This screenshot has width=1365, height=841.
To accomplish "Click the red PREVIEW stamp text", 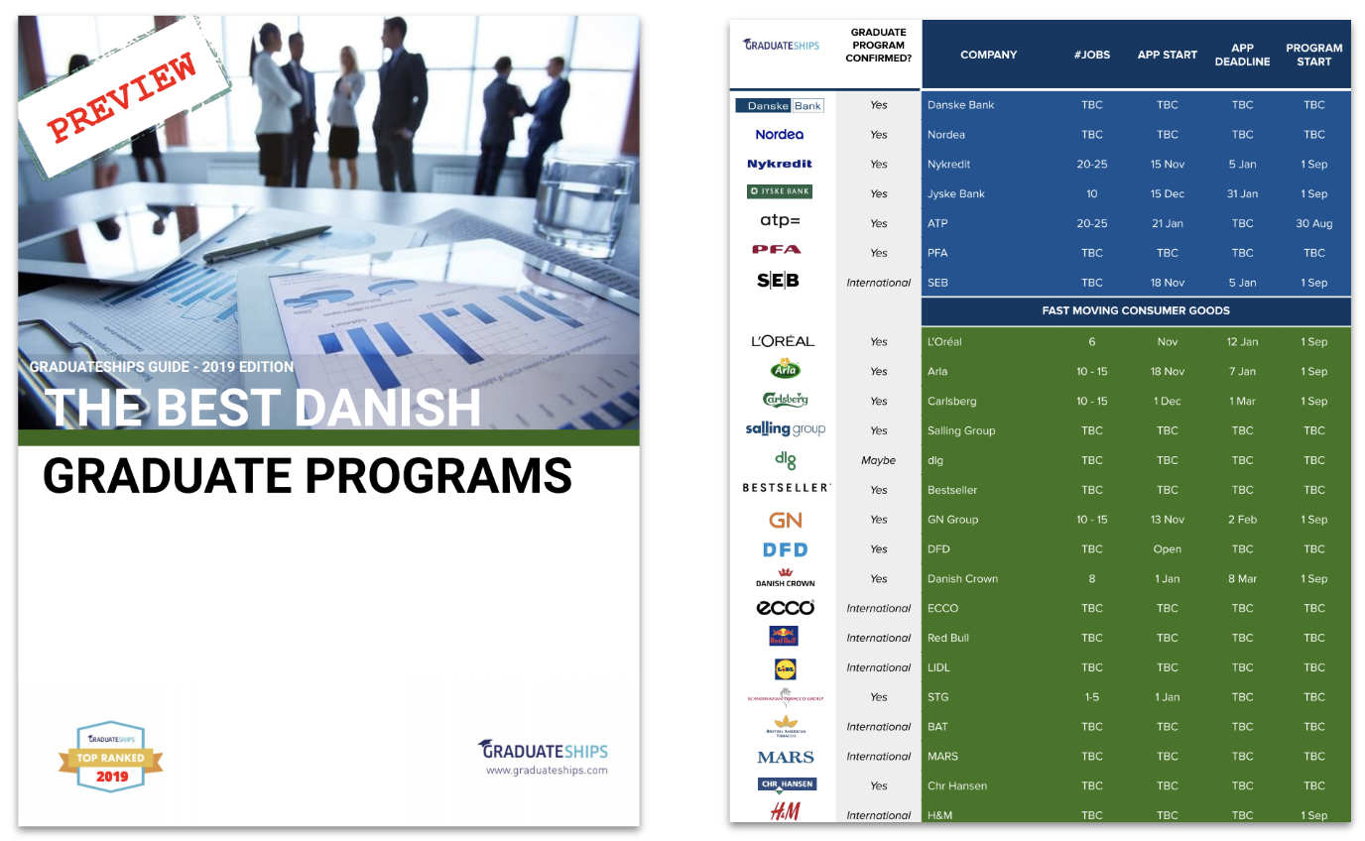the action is [x=122, y=97].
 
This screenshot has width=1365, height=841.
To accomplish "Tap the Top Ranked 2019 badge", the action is [x=110, y=757].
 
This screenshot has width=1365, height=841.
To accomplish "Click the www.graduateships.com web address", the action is [x=547, y=771].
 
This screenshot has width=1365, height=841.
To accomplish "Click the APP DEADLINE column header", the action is [x=1242, y=55].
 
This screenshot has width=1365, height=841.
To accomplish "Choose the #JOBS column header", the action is [x=1091, y=55].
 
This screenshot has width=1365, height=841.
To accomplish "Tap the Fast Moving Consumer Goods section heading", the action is [x=1135, y=310].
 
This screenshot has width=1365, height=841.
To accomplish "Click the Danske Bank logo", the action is [x=780, y=105].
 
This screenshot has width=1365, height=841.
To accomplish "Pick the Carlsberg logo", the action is [x=785, y=399].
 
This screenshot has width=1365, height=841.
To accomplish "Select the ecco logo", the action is [x=785, y=608].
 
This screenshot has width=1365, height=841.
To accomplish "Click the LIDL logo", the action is [x=785, y=668].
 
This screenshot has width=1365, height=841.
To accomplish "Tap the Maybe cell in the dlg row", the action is [x=878, y=461].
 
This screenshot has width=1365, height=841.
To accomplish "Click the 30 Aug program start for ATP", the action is [x=1313, y=224].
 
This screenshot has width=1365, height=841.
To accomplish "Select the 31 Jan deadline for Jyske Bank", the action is [x=1242, y=193].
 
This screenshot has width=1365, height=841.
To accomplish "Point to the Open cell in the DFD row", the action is [x=1167, y=549].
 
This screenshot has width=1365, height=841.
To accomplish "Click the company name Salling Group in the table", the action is [x=961, y=430].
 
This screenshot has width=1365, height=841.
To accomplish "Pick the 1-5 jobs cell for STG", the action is [x=1091, y=697].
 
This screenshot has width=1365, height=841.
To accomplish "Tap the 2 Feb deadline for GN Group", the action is [x=1242, y=520].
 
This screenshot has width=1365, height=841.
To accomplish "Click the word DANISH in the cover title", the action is [x=389, y=407].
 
